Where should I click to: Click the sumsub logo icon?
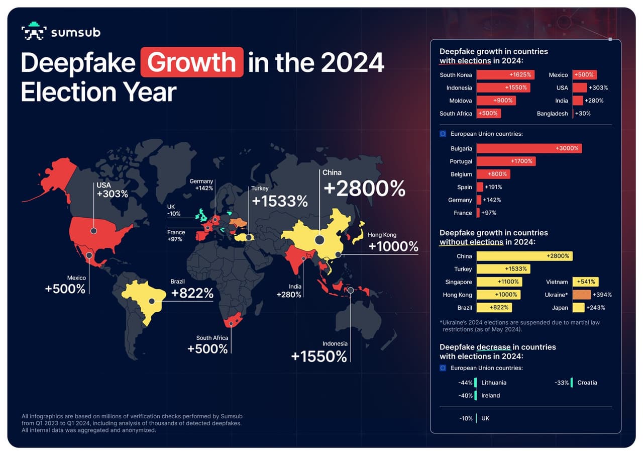tap(34, 32)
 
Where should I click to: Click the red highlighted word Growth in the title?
tap(192, 62)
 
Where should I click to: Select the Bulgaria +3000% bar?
tap(528, 148)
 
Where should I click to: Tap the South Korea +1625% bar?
tap(505, 75)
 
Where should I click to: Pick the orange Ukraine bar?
tap(581, 295)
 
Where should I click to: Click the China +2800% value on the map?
tap(364, 189)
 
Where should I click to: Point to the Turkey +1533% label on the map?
tap(279, 201)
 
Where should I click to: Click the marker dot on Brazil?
tap(151, 302)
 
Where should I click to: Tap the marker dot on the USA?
tap(93, 231)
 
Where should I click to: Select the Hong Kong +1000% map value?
tap(393, 246)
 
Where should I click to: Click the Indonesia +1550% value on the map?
tap(319, 356)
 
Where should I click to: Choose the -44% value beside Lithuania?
tap(465, 383)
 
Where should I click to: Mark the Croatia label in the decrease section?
tap(587, 383)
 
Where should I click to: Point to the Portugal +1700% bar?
tap(506, 161)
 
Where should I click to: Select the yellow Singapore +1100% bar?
tap(499, 282)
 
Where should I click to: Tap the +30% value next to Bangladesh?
tap(583, 114)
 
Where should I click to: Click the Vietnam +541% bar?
tap(585, 282)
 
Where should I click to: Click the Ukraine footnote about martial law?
tap(519, 326)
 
